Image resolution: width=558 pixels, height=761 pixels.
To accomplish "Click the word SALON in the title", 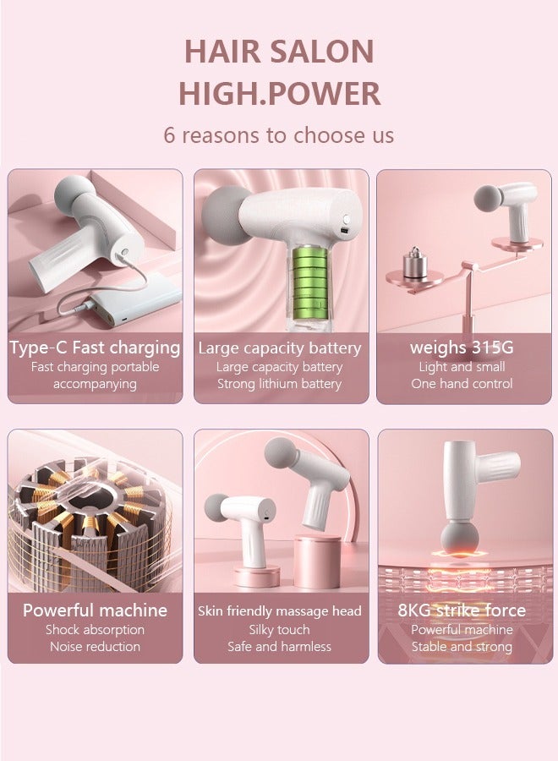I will click(326, 52).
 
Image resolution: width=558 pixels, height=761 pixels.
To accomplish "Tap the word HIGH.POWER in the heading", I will click(279, 94).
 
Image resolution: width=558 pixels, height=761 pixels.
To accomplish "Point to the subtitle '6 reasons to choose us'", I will click(279, 134).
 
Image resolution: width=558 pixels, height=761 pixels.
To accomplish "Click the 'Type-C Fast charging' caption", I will click(95, 348).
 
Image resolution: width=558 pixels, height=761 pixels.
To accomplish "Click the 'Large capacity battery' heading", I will click(280, 348).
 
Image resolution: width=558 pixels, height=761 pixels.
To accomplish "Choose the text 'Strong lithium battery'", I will click(280, 384).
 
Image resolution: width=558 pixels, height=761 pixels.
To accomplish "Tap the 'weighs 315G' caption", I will click(462, 348).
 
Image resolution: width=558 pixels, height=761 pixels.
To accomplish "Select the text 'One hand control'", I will click(462, 384).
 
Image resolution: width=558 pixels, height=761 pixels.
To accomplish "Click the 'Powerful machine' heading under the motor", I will click(95, 610).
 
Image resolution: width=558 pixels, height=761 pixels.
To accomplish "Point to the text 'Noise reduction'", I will click(95, 647).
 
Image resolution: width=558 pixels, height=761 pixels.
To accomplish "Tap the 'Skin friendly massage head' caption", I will click(280, 610).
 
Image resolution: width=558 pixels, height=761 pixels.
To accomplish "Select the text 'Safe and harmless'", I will click(280, 647).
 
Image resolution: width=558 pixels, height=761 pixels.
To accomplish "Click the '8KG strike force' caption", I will click(462, 610).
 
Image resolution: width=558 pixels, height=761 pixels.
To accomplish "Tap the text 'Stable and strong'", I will click(462, 647).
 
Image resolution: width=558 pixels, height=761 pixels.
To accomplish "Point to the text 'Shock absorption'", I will click(95, 630).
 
